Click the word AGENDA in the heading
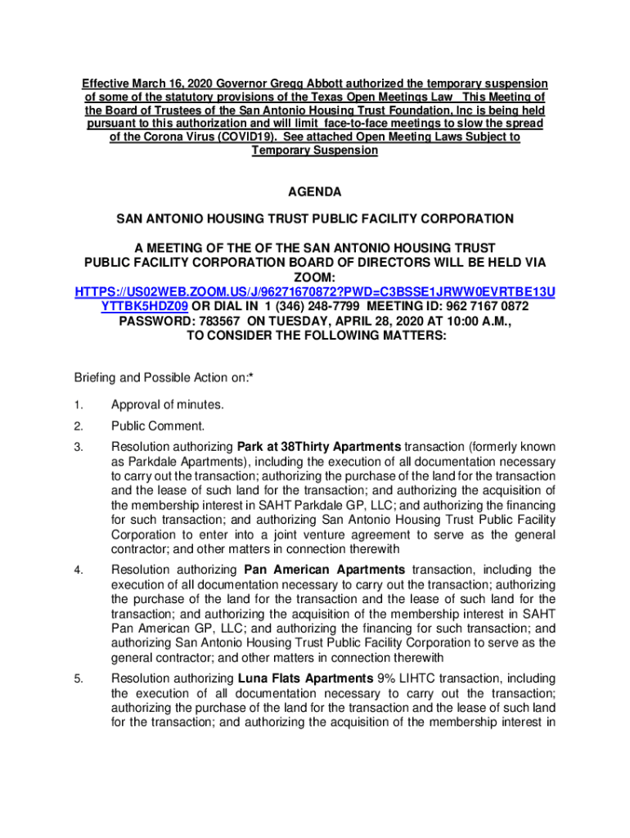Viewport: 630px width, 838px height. [x=315, y=192]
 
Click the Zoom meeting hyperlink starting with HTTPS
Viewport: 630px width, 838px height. [x=315, y=292]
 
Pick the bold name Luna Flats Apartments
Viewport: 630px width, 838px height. [x=305, y=678]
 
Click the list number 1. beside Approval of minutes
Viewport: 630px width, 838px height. [x=79, y=405]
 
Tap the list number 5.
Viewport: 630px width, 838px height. [x=79, y=679]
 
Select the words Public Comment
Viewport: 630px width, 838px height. [x=158, y=426]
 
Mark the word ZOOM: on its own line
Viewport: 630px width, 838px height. [x=315, y=277]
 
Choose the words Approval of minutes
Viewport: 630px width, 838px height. [x=168, y=405]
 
